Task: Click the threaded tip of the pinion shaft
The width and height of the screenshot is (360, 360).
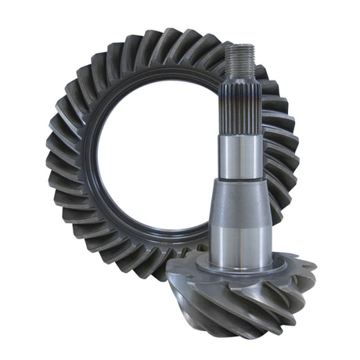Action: coord(239,59)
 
